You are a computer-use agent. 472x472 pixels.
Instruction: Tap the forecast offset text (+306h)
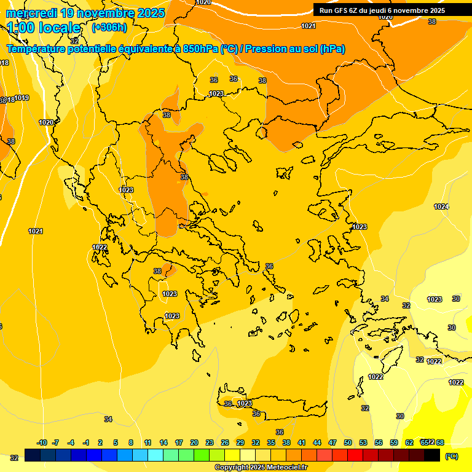tap(109, 28)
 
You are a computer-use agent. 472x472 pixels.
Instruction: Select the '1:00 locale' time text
tap(44, 28)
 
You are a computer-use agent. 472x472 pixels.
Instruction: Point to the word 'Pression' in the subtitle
tap(265, 49)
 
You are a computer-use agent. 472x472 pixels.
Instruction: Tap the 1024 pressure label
tap(441, 206)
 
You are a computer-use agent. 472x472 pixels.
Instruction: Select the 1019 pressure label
tap(22, 98)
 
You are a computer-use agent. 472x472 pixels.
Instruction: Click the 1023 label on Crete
tap(245, 404)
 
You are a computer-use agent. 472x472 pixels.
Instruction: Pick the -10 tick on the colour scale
tap(42, 442)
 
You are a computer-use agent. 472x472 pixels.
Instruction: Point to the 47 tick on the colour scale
tap(332, 442)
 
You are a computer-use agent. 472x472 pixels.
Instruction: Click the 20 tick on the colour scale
tap(194, 442)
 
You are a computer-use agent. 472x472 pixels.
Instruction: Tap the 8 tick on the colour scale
tap(131, 442)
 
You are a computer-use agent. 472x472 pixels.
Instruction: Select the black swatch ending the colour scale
tap(432, 455)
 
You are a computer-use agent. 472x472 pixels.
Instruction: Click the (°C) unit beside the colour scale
tap(451, 455)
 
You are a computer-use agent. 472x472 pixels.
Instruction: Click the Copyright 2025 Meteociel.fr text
tap(261, 467)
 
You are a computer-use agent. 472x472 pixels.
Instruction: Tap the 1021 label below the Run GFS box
tap(308, 26)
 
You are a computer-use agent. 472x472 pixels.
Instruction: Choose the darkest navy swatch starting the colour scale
tap(33, 455)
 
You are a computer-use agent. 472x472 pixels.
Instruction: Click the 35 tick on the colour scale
tap(271, 442)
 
